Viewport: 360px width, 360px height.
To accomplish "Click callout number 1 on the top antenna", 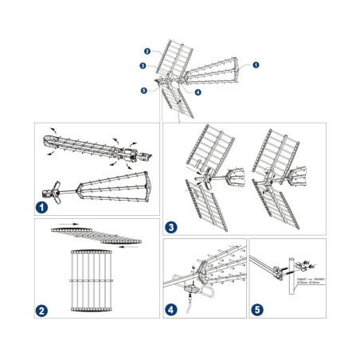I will (256, 64).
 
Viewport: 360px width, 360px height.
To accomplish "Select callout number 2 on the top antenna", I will (148, 51).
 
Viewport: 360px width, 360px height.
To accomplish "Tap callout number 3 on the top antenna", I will (143, 66).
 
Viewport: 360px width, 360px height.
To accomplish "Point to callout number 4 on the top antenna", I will (197, 92).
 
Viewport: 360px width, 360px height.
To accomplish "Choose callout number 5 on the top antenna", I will (144, 91).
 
